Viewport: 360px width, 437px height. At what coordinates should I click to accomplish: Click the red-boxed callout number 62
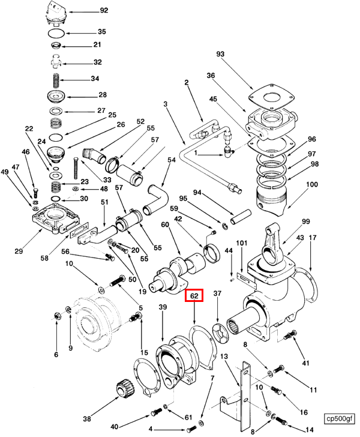pyautogui.click(x=194, y=295)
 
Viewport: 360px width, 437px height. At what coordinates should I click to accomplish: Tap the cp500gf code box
pyautogui.click(x=340, y=418)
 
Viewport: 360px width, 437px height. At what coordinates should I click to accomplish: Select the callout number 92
pyautogui.click(x=104, y=11)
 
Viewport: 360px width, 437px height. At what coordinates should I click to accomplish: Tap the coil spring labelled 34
pyautogui.click(x=56, y=81)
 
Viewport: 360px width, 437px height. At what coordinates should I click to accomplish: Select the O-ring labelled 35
pyautogui.click(x=56, y=33)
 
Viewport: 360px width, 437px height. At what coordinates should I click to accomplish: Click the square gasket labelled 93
pyautogui.click(x=271, y=97)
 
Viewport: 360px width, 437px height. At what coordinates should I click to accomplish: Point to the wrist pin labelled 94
pyautogui.click(x=241, y=217)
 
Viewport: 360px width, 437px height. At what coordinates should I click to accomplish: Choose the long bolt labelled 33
pyautogui.click(x=76, y=168)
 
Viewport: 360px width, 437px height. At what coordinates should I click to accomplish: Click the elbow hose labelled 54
pyautogui.click(x=157, y=199)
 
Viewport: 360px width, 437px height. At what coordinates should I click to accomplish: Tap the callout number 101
pyautogui.click(x=242, y=243)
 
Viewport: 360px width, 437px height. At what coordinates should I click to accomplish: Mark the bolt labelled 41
pyautogui.click(x=290, y=334)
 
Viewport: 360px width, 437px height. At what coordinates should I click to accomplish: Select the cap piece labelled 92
pyautogui.click(x=56, y=14)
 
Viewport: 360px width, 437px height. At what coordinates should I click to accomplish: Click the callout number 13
pyautogui.click(x=224, y=357)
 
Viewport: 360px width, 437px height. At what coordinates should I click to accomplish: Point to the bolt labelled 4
pyautogui.click(x=191, y=429)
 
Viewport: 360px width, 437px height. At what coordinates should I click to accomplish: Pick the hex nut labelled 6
pyautogui.click(x=57, y=316)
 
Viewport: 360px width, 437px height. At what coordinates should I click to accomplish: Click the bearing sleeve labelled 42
pyautogui.click(x=212, y=253)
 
